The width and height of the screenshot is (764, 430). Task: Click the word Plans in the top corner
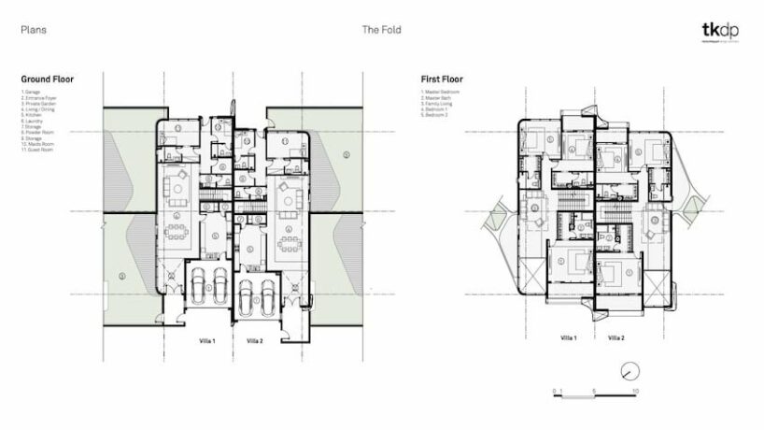click(x=34, y=30)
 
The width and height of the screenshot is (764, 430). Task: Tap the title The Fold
click(x=381, y=30)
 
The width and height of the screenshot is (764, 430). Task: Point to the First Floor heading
click(x=441, y=80)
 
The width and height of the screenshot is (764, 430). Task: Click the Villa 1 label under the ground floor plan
click(x=207, y=341)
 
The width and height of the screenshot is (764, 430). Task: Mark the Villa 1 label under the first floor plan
click(x=568, y=337)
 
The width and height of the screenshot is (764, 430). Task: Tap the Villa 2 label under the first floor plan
click(x=616, y=337)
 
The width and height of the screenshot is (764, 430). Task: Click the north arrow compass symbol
click(x=632, y=367)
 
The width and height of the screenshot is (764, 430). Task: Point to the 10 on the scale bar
click(x=635, y=388)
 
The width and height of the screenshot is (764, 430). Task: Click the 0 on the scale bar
click(x=553, y=388)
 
